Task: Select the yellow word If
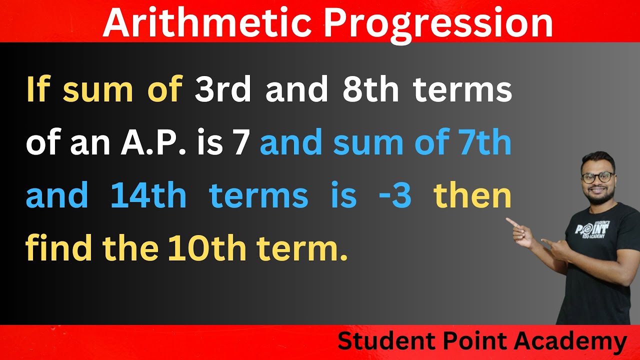click(x=39, y=90)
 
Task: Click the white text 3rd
click(x=224, y=90)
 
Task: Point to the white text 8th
click(x=370, y=90)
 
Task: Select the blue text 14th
click(x=148, y=196)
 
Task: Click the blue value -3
click(x=395, y=196)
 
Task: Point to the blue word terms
click(x=258, y=196)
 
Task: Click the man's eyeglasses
click(x=597, y=176)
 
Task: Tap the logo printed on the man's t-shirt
click(x=592, y=230)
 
